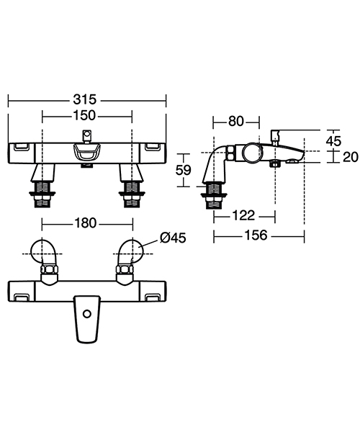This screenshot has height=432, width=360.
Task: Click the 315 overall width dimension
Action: click(86, 99)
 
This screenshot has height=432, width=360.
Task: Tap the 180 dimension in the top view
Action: click(86, 222)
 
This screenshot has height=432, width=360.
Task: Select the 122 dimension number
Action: click(243, 215)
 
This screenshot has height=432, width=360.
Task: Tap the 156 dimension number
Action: click(258, 235)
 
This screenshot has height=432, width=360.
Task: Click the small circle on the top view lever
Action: click(87, 312)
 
